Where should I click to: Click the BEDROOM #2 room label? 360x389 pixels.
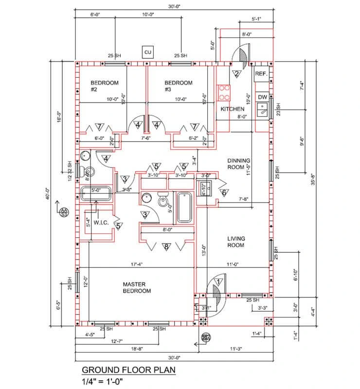pyautogui.click(x=101, y=86)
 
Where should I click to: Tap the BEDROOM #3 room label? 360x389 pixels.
pyautogui.click(x=178, y=86)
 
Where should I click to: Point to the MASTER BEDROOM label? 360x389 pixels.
pyautogui.click(x=136, y=287)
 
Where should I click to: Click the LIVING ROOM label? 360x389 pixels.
pyautogui.click(x=236, y=242)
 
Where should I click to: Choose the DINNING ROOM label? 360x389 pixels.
pyautogui.click(x=239, y=163)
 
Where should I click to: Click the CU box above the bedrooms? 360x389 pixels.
pyautogui.click(x=147, y=52)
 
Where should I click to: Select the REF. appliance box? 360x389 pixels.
pyautogui.click(x=261, y=74)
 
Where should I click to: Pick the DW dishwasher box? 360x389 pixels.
pyautogui.click(x=262, y=97)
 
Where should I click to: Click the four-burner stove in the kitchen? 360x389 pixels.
pyautogui.click(x=224, y=92)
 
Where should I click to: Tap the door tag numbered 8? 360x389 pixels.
pyautogui.click(x=166, y=247)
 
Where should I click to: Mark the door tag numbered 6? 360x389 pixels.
pyautogui.click(x=224, y=193)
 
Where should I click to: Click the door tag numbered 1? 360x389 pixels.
pyautogui.click(x=218, y=281)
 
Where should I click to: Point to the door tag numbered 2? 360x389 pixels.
pyautogui.click(x=236, y=74)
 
